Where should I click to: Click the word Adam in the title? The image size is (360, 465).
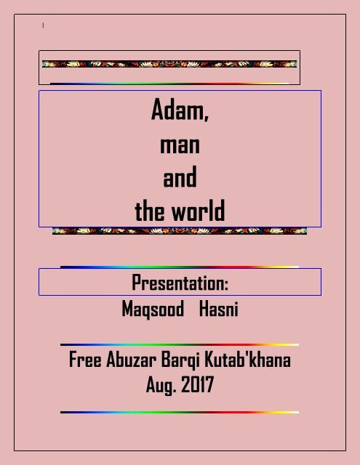177,110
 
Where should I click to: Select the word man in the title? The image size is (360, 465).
180,145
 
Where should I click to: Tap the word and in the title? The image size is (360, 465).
180,177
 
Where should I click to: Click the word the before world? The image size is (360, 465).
151,211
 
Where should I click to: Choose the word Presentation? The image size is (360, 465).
180,283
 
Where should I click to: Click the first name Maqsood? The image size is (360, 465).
153,310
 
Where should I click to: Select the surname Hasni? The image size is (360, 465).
218,309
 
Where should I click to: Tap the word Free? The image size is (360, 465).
85,359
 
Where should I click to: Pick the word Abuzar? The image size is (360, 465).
131,359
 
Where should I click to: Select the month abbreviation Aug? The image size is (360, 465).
161,385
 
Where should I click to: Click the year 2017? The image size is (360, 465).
197,384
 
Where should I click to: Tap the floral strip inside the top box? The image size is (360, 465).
169,64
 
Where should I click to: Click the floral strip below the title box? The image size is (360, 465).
180,231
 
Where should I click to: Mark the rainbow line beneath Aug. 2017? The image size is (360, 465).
180,412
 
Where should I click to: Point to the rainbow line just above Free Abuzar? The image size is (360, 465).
180,344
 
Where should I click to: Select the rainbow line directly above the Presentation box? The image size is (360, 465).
180,267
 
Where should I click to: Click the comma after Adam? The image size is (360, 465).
207,118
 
